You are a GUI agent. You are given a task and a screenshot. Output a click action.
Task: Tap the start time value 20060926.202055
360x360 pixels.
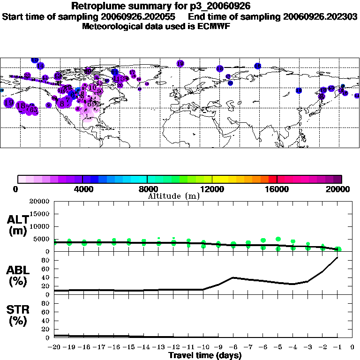[141, 16]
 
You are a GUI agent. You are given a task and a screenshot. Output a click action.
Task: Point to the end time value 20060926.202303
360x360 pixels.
[320, 16]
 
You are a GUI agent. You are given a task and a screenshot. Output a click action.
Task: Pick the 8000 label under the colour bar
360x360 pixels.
[147, 189]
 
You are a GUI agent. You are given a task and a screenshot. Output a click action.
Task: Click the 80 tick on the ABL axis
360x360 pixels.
[45, 260]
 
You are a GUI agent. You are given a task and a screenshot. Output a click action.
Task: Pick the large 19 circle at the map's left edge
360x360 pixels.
[8, 103]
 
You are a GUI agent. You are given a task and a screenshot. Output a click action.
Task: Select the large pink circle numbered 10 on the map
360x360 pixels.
[93, 87]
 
